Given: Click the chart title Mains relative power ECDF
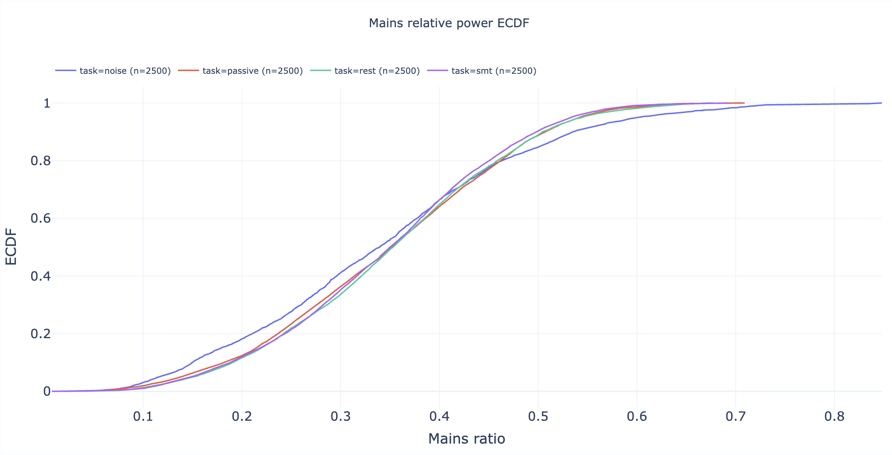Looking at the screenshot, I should pos(449,23).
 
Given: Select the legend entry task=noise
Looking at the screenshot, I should pos(125,71).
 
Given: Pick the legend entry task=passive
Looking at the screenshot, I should pos(252,71).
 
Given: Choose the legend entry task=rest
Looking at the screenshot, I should pos(377,71).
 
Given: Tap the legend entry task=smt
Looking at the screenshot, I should pos(493,71).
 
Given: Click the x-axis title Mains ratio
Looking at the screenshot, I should pos(467,438).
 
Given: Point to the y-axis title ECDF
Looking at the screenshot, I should pos(11,246).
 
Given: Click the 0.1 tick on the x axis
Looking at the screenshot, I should pos(143,416).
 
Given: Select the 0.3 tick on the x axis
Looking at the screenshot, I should pos(341,416).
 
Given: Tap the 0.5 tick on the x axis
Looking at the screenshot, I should pos(538,416).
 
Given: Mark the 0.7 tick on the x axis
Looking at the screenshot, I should pos(735,416).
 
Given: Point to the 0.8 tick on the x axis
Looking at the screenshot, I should pos(834,416).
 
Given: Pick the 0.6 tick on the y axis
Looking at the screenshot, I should pos(41,219).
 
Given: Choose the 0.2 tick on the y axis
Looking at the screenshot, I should pos(41,334).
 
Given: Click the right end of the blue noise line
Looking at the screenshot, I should pos(881,103).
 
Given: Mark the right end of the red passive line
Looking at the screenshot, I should pos(744,103).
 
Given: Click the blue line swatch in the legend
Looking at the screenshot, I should pos(65,71).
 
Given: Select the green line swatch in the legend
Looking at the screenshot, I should pos(320,71).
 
